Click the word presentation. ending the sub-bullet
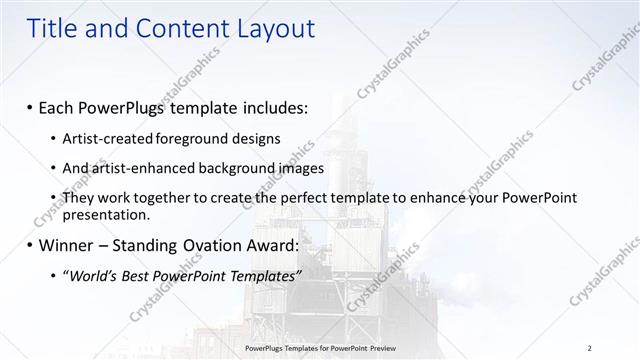(x=106, y=214)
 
